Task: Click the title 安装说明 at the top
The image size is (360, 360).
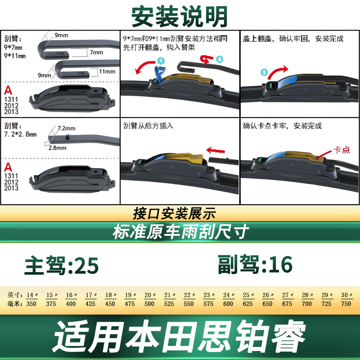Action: tap(180, 16)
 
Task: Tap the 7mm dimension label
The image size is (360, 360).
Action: tap(96, 52)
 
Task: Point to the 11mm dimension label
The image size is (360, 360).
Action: tap(107, 72)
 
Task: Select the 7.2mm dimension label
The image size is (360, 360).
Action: tap(66, 128)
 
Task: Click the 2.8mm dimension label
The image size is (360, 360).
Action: tap(58, 148)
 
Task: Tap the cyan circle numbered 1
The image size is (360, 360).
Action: tap(161, 61)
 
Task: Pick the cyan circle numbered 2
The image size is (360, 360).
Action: tap(220, 59)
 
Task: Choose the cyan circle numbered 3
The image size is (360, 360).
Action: tap(265, 72)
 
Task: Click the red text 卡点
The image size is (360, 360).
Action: tap(342, 150)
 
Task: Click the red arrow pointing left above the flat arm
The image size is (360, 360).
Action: tap(216, 151)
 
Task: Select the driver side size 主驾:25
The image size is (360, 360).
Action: tap(62, 265)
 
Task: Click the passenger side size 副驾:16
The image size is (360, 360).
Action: tap(255, 265)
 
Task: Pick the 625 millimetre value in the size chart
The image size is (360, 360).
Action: tap(248, 304)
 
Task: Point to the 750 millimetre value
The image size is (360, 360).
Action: tap(346, 304)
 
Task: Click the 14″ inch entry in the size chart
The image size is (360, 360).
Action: tap(32, 295)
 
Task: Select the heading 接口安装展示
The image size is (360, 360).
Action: tap(175, 213)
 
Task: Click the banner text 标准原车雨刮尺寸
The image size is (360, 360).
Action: tap(181, 232)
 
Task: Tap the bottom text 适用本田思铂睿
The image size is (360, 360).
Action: tap(179, 337)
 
